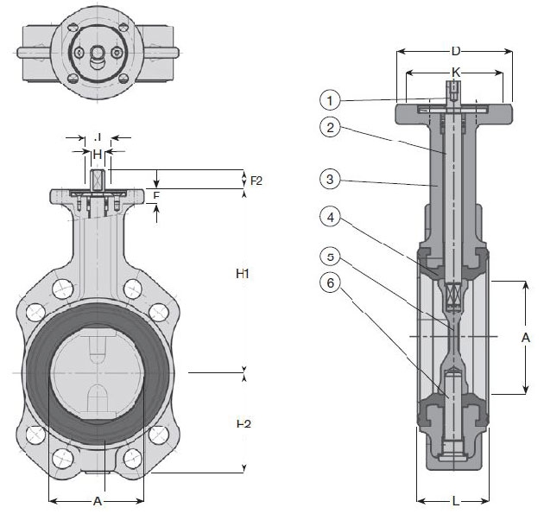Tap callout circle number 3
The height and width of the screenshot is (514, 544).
(x=329, y=180)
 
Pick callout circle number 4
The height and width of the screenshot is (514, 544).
(x=329, y=218)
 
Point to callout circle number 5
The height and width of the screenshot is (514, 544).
(x=329, y=257)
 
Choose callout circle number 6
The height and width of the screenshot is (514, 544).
(x=329, y=282)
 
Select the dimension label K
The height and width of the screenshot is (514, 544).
(x=454, y=73)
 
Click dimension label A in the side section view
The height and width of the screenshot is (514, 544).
(x=526, y=338)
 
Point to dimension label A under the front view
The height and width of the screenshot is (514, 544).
(x=98, y=501)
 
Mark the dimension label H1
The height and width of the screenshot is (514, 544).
(x=244, y=274)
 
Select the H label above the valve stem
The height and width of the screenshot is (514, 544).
(x=98, y=154)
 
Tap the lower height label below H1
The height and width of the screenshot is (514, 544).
(x=244, y=423)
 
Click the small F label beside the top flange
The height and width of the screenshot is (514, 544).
(x=156, y=196)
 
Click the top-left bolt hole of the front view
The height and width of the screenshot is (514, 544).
(x=61, y=289)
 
